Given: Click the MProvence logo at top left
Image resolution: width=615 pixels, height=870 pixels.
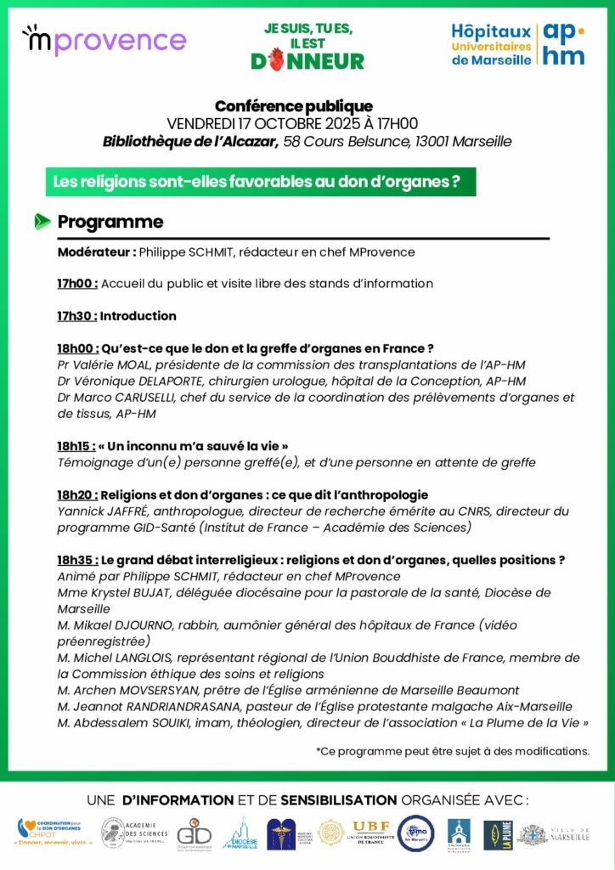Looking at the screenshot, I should pos(104,41).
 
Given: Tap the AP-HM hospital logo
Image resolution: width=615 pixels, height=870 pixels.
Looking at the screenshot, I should pos(518,43).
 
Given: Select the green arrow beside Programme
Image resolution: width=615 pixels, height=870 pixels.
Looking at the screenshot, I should pos(42,222).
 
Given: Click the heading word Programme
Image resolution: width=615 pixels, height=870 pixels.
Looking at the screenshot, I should pos(110,222).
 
